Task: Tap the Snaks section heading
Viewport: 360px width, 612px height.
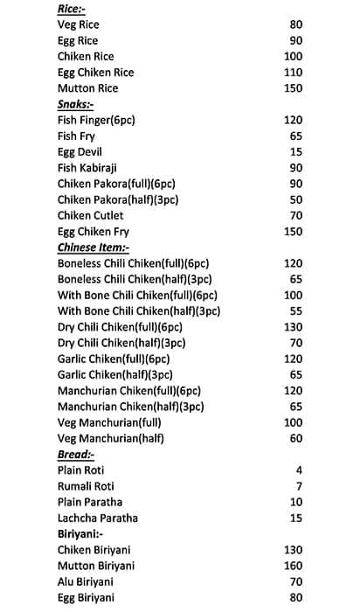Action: (x=77, y=104)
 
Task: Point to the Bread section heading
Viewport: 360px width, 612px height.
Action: (x=76, y=454)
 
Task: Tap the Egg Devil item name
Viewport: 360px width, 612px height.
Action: (x=80, y=152)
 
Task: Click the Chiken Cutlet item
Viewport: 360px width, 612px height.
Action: (x=90, y=215)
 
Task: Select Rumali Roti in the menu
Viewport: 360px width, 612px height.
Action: (x=86, y=485)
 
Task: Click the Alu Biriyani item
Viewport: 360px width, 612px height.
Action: (x=88, y=581)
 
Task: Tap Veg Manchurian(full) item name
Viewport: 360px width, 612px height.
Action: (x=110, y=422)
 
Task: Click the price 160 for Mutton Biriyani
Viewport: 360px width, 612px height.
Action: (x=293, y=565)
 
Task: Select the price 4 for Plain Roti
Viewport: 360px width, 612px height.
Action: (x=299, y=469)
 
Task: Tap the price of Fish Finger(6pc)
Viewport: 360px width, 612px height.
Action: (x=293, y=120)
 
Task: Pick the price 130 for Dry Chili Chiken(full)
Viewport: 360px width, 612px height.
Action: (x=293, y=327)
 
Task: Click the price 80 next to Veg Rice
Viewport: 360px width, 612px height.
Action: (x=295, y=24)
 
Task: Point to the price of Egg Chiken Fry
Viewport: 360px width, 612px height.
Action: (x=293, y=231)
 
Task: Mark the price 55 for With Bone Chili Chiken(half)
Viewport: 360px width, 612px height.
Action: (x=295, y=310)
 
